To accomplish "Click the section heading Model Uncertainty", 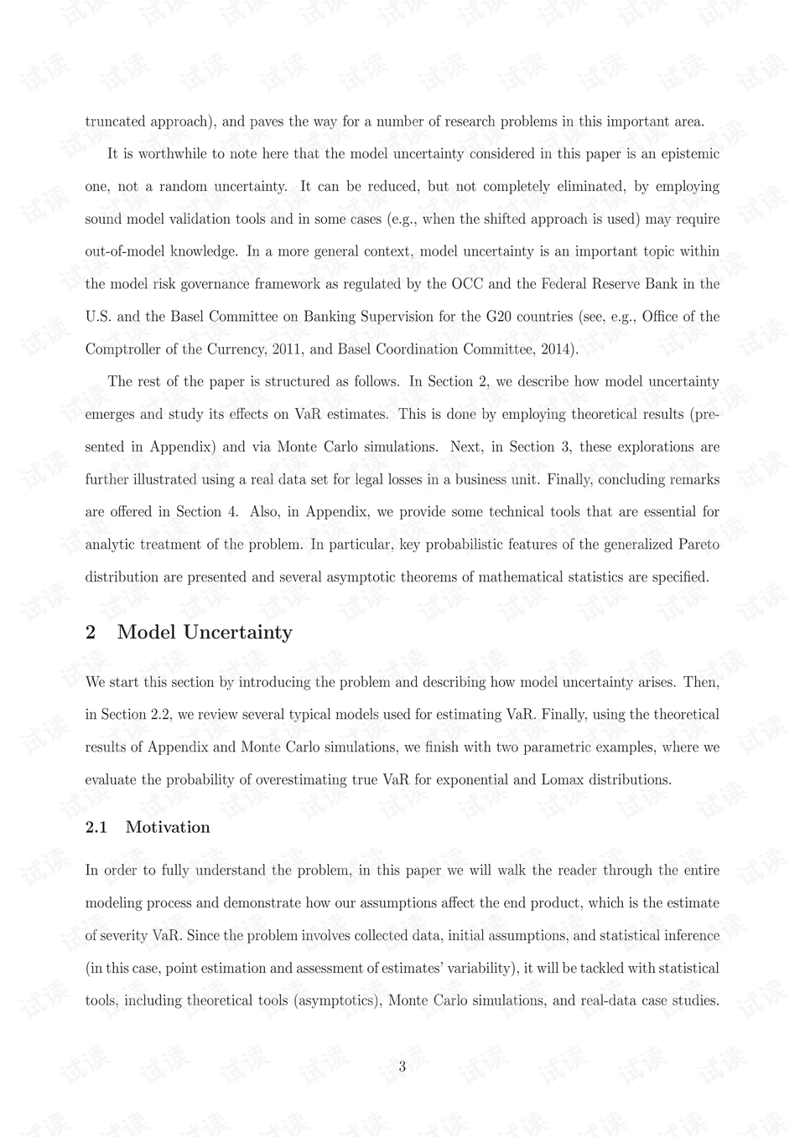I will (x=205, y=633).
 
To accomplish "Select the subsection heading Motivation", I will (x=168, y=828).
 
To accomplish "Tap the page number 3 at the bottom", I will (x=402, y=1067).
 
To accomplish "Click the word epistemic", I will (x=690, y=154).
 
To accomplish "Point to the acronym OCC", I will (x=468, y=284).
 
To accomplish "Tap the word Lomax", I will (x=563, y=780).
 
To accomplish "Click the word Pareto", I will (x=699, y=545).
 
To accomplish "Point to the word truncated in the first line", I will (x=116, y=121).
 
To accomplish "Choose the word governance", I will (x=199, y=284).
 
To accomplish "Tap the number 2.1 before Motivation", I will (x=96, y=828).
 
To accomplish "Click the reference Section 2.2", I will (x=136, y=715).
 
